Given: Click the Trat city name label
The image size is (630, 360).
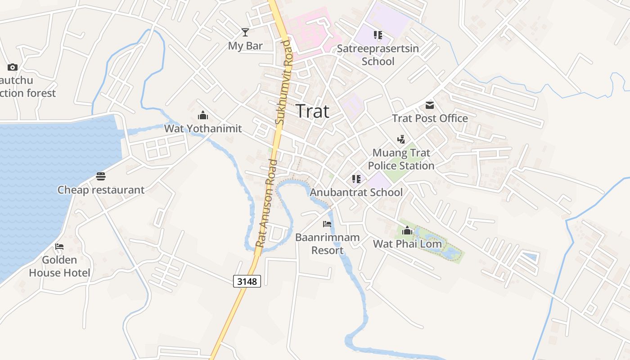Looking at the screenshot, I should pos(313,111).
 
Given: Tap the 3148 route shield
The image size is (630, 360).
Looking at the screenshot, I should pos(247,281).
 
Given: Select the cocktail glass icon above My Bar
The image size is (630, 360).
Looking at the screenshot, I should pos(245,32).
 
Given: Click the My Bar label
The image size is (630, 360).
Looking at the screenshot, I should pos(245,45).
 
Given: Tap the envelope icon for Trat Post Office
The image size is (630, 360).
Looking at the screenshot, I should pos(430,105).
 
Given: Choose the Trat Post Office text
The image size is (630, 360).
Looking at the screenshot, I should pos(430,118).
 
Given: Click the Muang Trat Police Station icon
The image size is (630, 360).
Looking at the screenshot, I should pos(401,139).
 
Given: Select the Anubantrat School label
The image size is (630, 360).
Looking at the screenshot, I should pos(356,193).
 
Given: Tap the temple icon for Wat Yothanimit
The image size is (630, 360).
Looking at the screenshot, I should pos(203,115).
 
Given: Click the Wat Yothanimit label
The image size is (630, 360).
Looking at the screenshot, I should pos(203,129).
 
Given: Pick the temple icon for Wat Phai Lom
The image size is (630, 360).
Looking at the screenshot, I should pos(407,231).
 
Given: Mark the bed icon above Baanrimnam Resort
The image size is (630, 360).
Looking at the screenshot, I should pos(327,224).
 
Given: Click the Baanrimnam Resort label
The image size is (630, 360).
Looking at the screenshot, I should pos(328,244).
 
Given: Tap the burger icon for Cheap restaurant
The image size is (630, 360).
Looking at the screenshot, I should pos(101,176).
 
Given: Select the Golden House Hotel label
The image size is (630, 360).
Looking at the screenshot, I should pos(59,266).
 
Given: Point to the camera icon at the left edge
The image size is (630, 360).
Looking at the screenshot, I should pos(13,67).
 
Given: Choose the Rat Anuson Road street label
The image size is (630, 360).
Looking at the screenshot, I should pos(266,202).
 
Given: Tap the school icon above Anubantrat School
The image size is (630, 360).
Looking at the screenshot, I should pos(356,179).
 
